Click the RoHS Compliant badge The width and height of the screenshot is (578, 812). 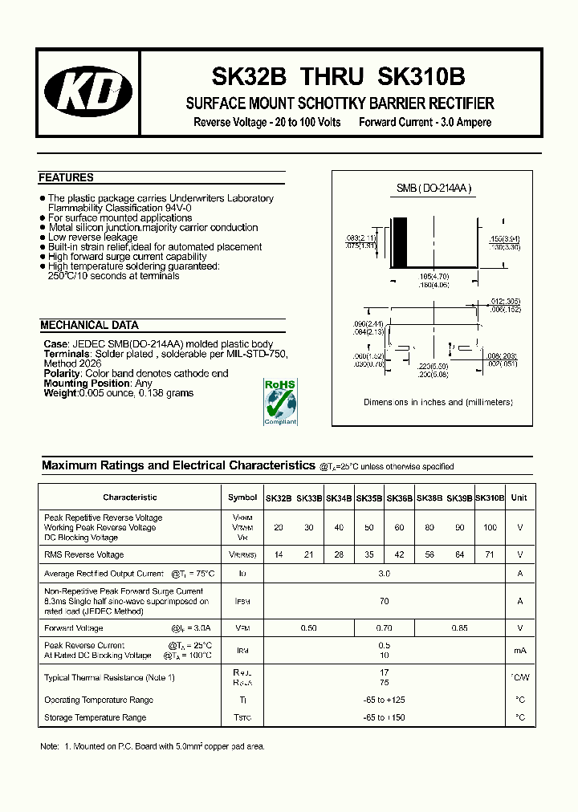coord(280,401)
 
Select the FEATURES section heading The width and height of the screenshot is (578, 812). coord(67,178)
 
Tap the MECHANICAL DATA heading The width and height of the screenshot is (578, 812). coord(89,325)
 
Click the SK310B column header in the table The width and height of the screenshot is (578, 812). coord(490,497)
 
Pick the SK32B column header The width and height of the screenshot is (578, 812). coord(279,497)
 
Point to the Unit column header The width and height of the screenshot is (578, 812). coord(519,497)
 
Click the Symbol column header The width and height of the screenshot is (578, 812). coord(242,497)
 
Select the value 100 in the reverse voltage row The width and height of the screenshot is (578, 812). coord(490,527)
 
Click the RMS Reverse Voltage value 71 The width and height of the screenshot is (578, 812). coord(490,554)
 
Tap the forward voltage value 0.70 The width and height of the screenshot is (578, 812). coord(384,628)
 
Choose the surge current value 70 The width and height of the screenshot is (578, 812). coord(384,600)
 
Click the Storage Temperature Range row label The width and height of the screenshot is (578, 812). coord(95,717)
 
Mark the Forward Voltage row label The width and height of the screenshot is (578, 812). coord(74,628)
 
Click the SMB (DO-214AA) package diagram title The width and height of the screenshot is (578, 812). coord(433,189)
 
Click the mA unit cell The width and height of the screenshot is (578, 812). coord(519,650)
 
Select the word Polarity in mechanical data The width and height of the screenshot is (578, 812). coord(62,374)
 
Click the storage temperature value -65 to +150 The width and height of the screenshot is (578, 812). coord(384,717)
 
